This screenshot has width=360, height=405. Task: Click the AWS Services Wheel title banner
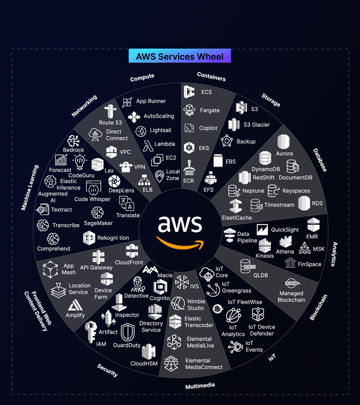(180, 56)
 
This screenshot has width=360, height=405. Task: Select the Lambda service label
(165, 144)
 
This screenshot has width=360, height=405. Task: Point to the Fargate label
(210, 110)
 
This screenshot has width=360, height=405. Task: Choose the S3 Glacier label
(256, 125)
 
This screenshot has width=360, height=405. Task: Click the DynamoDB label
(265, 169)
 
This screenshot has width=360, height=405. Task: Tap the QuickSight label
(285, 229)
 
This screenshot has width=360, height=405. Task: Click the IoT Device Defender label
(261, 330)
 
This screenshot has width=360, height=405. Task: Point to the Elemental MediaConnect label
(204, 364)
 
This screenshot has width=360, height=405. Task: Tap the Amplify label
(75, 315)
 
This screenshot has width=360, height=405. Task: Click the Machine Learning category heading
(30, 188)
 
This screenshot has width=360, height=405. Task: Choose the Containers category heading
(211, 77)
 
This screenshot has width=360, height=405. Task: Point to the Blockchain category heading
(319, 307)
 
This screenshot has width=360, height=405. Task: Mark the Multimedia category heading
(200, 386)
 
